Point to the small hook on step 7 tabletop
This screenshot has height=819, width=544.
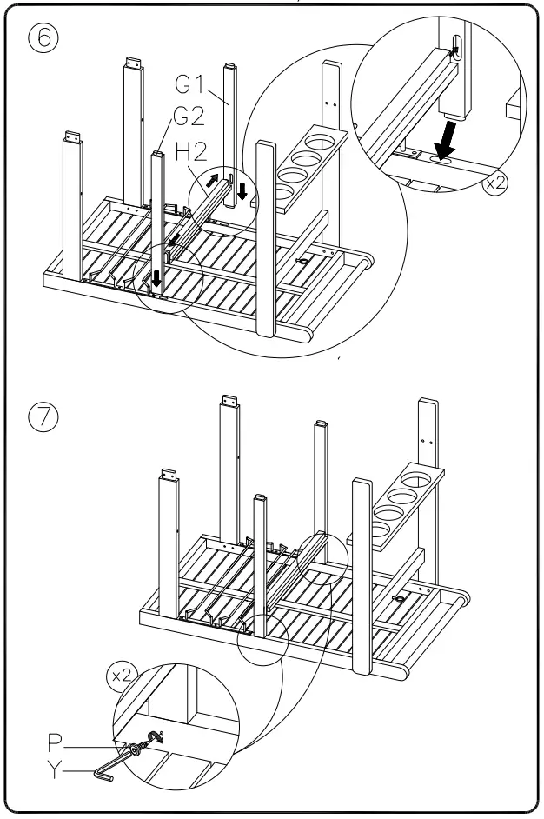coord(401,597)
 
